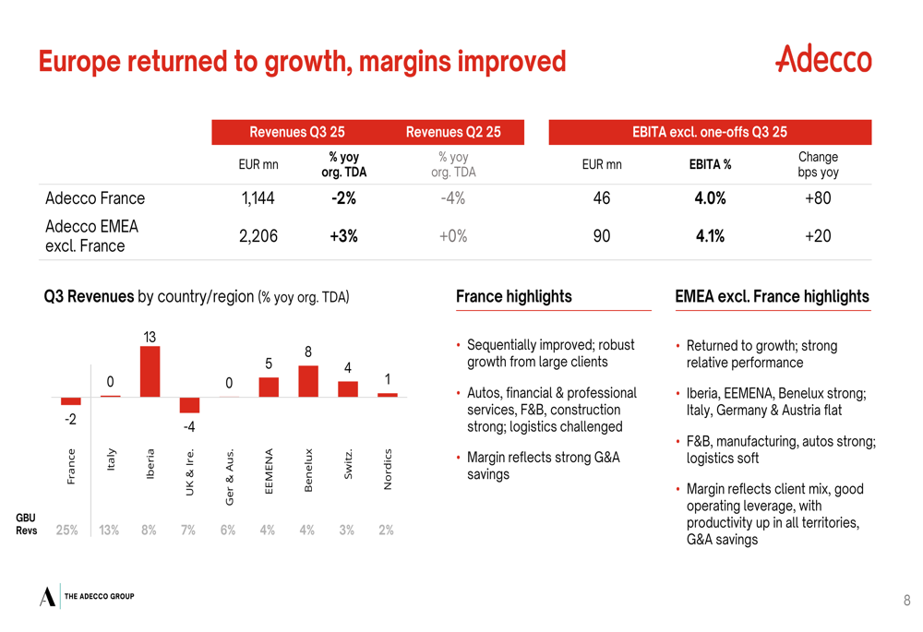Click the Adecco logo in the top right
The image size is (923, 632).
[x=823, y=59]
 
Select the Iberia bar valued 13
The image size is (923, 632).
[x=150, y=372]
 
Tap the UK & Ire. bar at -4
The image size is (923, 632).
[x=189, y=405]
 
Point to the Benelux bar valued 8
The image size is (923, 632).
[x=308, y=381]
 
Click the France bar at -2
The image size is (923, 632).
[x=71, y=401]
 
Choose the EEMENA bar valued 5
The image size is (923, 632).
[x=269, y=387]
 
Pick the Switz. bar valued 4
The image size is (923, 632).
[x=348, y=388]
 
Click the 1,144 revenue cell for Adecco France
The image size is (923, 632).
[x=258, y=198]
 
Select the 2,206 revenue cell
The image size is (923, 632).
[x=258, y=236]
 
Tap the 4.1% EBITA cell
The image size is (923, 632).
[x=710, y=236]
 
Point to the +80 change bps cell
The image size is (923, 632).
[x=818, y=198]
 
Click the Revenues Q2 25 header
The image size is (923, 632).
[x=453, y=132]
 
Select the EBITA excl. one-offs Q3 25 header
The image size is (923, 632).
[x=710, y=132]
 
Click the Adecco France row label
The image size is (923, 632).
[x=95, y=198]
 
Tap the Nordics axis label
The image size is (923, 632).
[x=388, y=469]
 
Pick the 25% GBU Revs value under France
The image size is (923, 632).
[x=67, y=531]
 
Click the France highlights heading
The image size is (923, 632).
[x=514, y=297]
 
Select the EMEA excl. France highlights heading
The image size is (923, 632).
[x=772, y=297]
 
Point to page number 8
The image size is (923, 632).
[x=906, y=601]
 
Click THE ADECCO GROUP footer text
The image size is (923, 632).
[x=99, y=597]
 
